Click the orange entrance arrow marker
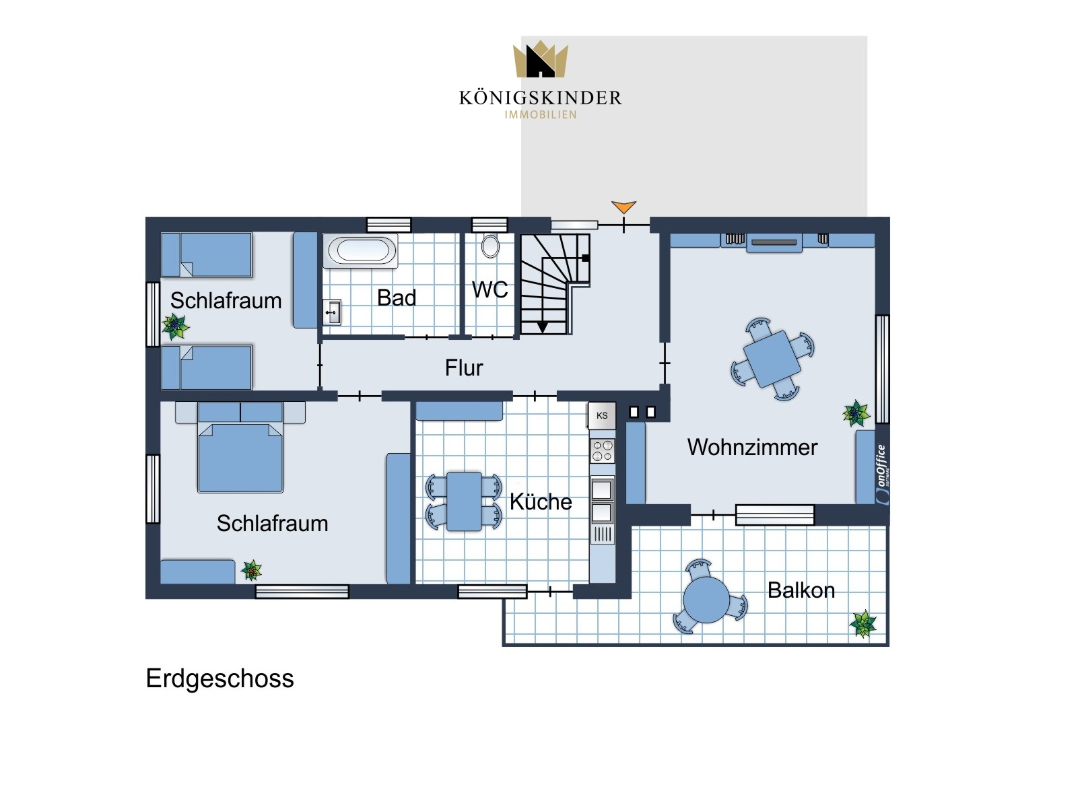click(623, 207)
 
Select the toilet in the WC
click(489, 246)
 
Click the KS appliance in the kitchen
click(601, 415)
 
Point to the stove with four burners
click(602, 450)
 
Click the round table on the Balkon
click(706, 600)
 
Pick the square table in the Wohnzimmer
click(772, 359)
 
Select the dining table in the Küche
click(463, 501)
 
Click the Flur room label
click(463, 368)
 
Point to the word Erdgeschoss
click(219, 678)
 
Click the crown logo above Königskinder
click(540, 59)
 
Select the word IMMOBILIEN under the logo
click(540, 114)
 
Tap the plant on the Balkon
click(863, 623)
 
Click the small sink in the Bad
click(332, 312)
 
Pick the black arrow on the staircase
click(542, 327)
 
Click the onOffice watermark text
click(882, 474)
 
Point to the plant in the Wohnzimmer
click(856, 413)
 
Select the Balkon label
click(801, 590)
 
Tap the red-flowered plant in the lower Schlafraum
click(251, 570)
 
